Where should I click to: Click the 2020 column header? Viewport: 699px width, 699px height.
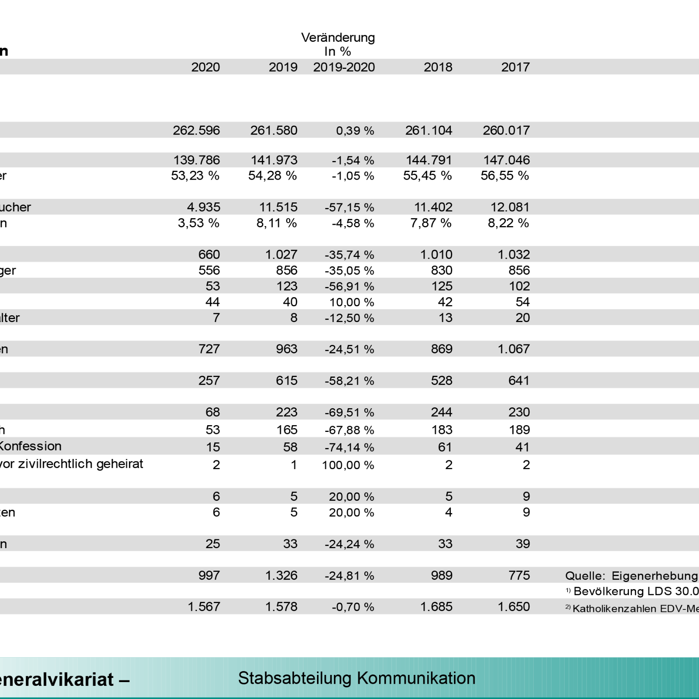(205, 67)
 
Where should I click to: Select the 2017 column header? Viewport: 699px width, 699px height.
(515, 67)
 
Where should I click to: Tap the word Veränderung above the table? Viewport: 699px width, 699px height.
(338, 38)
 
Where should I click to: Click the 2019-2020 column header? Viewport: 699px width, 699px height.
(344, 67)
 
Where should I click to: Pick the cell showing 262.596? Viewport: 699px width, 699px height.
(196, 130)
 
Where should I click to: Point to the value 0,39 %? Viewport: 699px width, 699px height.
(355, 131)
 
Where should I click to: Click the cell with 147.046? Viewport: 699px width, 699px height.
(506, 160)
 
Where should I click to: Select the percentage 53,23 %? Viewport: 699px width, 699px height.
(195, 175)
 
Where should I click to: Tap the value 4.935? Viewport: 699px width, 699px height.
(203, 207)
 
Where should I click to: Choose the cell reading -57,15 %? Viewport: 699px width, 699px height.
(349, 208)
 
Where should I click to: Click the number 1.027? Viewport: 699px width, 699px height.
(281, 254)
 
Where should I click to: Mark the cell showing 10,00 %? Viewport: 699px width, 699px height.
(352, 302)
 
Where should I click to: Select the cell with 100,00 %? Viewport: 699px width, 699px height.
(348, 465)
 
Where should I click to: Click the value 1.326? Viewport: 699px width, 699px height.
(281, 576)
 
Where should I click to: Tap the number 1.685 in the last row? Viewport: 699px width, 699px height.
(436, 607)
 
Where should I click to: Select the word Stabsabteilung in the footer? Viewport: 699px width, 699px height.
(295, 678)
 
